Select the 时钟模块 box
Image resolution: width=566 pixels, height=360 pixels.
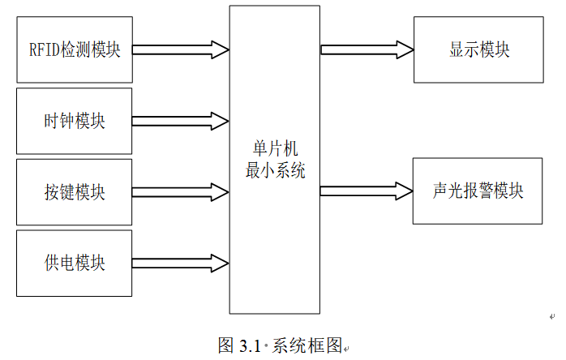coord(74,122)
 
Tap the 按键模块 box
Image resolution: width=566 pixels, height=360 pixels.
coord(74,193)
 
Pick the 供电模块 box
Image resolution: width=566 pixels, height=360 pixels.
coord(74,264)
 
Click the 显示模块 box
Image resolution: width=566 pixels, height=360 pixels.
coord(478,49)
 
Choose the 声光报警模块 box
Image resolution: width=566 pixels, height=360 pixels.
coord(478,191)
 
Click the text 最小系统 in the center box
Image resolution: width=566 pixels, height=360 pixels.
coord(275,171)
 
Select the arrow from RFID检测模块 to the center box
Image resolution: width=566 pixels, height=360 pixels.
coord(180,49)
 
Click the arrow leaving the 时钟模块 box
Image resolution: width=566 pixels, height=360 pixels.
coord(180,121)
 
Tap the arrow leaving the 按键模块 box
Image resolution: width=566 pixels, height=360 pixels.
coord(180,192)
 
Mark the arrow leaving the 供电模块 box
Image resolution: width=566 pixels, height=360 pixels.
coord(180,263)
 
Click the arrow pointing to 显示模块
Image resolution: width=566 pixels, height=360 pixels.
coord(367,49)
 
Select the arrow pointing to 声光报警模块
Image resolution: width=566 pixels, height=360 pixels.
coord(367,191)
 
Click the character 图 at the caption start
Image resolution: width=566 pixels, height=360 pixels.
coord(226,345)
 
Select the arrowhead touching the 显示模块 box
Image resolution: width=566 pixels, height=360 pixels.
coord(403,49)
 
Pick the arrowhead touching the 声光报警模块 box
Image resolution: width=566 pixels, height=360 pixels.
coord(403,191)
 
